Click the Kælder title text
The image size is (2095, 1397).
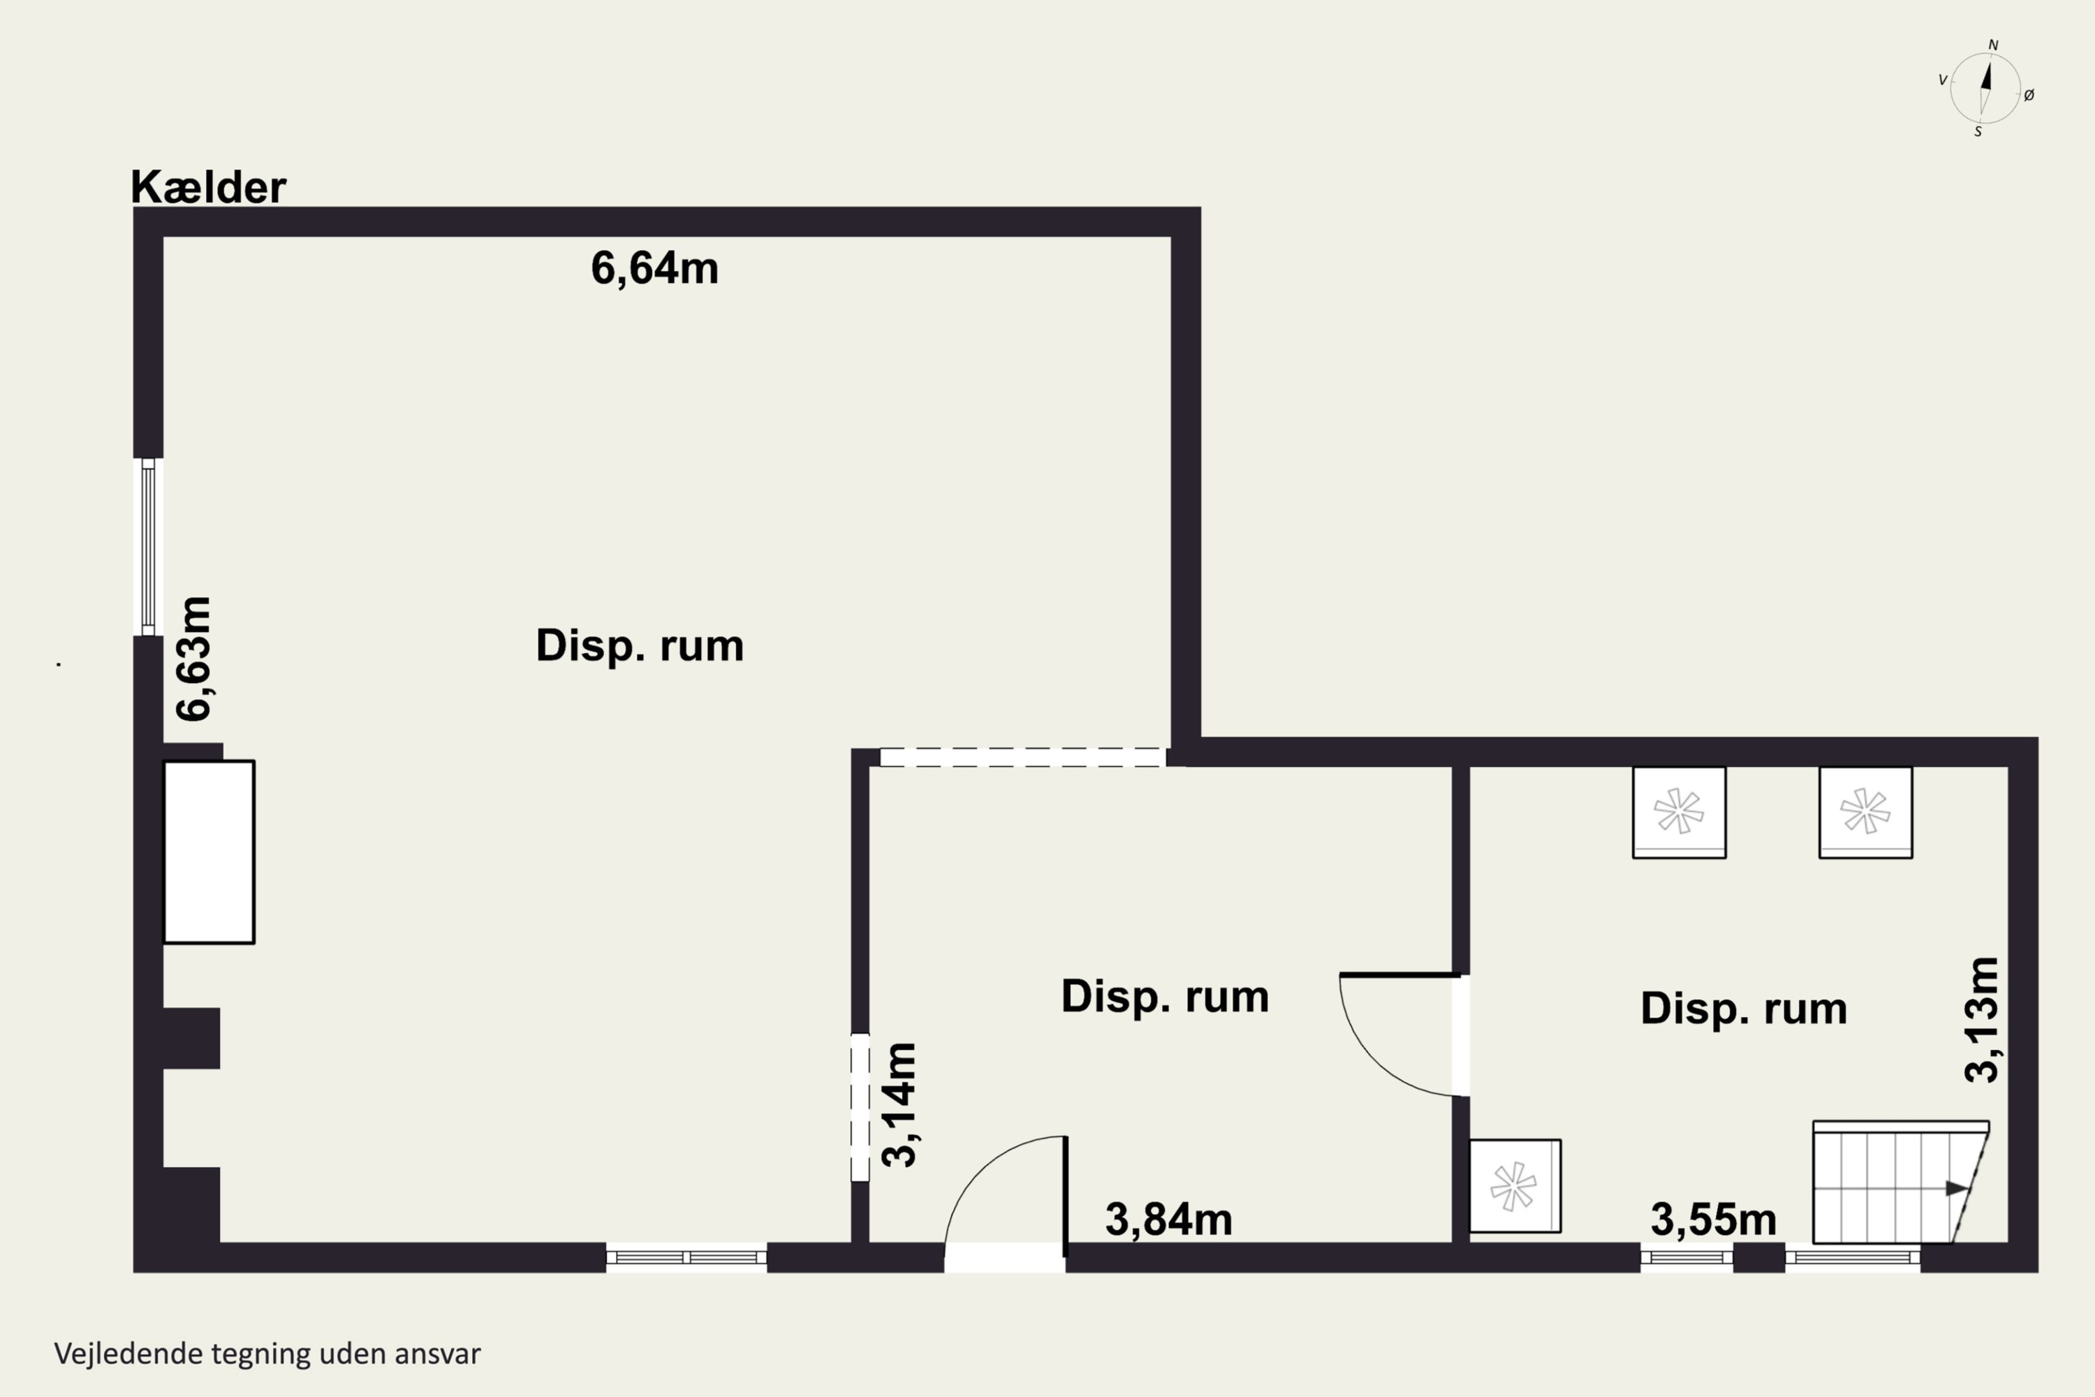(208, 187)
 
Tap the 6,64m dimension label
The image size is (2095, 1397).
(655, 268)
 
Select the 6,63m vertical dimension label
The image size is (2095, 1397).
(194, 659)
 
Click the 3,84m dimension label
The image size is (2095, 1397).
(1168, 1219)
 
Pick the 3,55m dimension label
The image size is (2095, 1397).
(1713, 1219)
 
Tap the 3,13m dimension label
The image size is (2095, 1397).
(1982, 1020)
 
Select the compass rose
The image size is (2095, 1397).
(1985, 88)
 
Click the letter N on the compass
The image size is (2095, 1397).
(1994, 45)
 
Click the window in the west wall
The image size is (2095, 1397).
(148, 547)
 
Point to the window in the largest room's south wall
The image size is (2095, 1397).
(686, 1257)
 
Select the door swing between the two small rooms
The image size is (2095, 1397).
(1399, 1034)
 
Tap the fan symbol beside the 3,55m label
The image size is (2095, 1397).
(1514, 1186)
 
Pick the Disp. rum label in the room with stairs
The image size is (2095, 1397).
(1744, 1009)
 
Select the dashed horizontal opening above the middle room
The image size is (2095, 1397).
(1022, 757)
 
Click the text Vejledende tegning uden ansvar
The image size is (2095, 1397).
(267, 1354)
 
